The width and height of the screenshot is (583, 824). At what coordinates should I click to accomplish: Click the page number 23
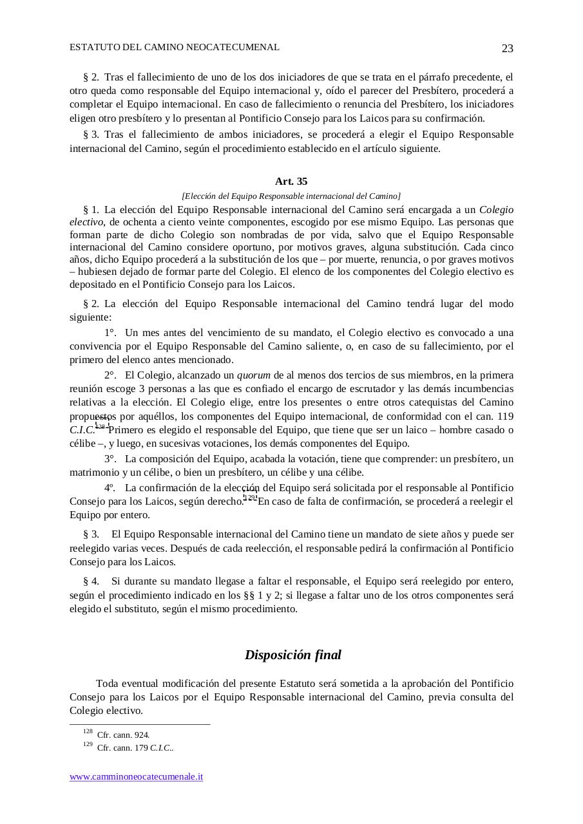(x=507, y=49)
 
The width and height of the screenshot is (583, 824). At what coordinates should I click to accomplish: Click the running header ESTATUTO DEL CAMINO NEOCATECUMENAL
(x=175, y=48)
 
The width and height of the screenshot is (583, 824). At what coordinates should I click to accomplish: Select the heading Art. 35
(x=291, y=182)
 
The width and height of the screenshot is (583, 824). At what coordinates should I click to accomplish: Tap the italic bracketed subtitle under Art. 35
(x=291, y=196)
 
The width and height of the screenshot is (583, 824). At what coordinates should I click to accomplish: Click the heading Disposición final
(x=292, y=655)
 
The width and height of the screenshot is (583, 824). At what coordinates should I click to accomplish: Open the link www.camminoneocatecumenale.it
(x=137, y=776)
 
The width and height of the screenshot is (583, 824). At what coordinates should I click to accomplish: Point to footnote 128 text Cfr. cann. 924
(x=124, y=735)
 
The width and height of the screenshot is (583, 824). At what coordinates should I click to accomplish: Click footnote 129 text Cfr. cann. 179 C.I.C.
(x=135, y=748)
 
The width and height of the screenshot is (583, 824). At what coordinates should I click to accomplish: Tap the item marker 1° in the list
(x=110, y=333)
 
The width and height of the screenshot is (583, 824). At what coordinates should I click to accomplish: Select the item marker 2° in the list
(x=110, y=375)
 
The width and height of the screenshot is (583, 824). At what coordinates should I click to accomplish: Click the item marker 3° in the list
(x=110, y=459)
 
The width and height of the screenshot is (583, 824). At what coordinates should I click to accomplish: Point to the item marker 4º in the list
(x=110, y=488)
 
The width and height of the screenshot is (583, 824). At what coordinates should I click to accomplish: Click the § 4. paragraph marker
(x=91, y=581)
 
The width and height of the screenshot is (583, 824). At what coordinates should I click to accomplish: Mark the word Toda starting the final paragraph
(x=107, y=683)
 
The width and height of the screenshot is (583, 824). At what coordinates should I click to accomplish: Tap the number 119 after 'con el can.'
(x=505, y=416)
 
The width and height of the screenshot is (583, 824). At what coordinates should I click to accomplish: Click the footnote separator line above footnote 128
(x=140, y=724)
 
